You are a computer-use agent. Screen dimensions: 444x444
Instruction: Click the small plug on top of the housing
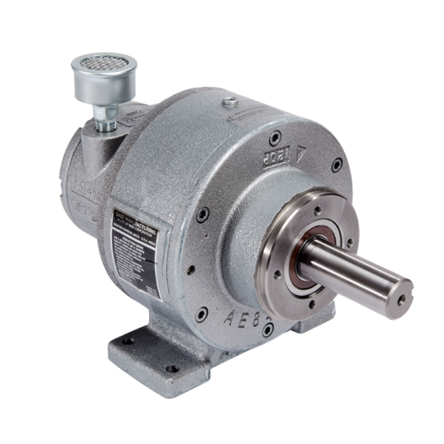[230, 105]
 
